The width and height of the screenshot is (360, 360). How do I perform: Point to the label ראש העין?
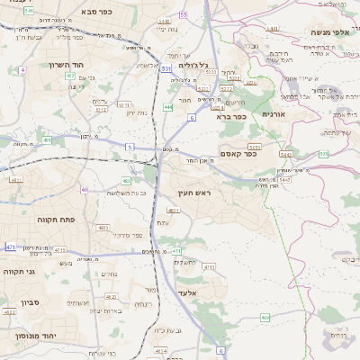[192, 193]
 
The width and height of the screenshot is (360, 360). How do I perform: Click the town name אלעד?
[186, 293]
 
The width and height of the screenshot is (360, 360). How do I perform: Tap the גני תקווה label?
[20, 271]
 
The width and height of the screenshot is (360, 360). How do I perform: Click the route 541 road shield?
[30, 11]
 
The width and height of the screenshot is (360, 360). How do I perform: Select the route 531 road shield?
[166, 68]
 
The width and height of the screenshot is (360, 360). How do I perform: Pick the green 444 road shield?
[168, 106]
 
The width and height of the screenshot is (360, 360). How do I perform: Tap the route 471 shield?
[10, 246]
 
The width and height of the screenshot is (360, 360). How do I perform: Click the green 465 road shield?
[265, 317]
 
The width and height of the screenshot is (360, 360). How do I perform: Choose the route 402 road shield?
[70, 76]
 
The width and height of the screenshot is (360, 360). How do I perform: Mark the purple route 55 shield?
[184, 15]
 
